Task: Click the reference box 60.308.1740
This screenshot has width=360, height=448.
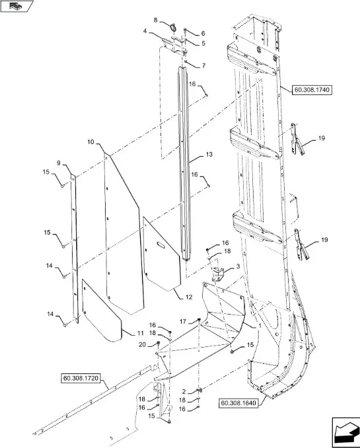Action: tap(312, 90)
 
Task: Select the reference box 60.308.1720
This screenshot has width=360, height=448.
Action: tap(81, 378)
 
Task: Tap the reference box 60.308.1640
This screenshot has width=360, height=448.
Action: tap(238, 403)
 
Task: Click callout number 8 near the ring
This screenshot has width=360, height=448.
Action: tap(155, 20)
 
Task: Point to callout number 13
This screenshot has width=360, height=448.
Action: tap(209, 154)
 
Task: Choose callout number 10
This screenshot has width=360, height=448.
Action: tap(90, 142)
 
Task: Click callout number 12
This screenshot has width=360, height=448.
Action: tap(189, 297)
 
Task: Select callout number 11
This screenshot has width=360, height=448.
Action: tap(140, 334)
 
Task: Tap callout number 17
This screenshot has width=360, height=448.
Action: tap(183, 321)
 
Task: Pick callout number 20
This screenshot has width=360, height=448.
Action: tap(142, 345)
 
